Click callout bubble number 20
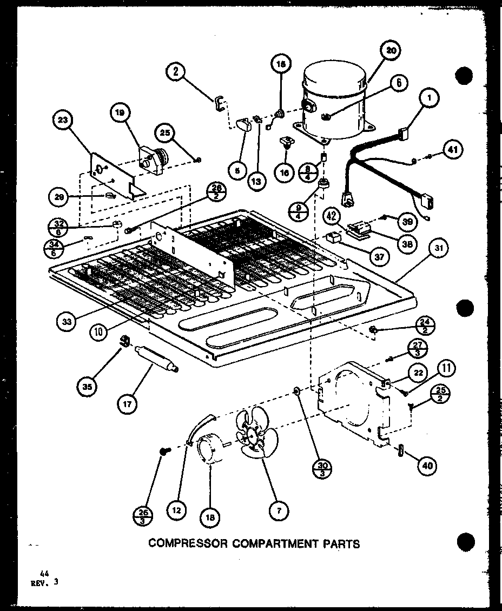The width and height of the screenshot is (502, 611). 390,51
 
